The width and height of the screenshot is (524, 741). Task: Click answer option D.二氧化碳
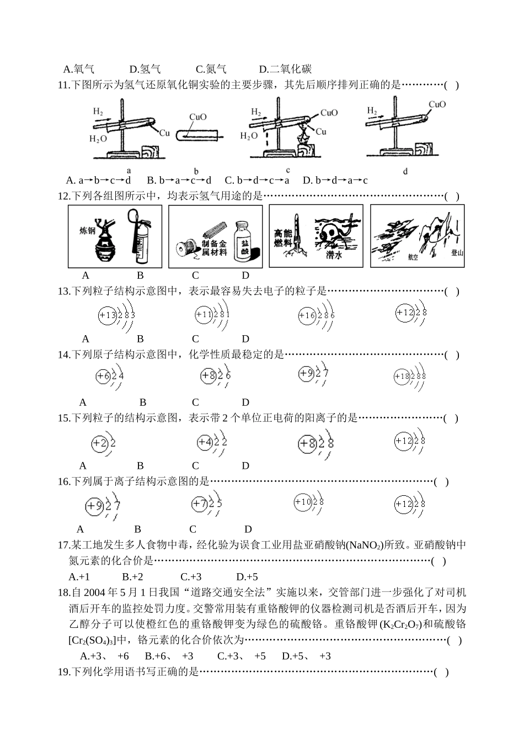click(x=285, y=69)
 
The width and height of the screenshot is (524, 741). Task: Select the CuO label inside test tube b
click(x=197, y=117)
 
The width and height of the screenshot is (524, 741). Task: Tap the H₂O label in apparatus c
click(x=249, y=136)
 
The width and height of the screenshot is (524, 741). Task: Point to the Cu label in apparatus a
click(x=164, y=133)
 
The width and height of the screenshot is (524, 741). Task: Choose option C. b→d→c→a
click(x=257, y=180)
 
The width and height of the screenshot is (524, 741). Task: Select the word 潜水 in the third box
click(x=334, y=255)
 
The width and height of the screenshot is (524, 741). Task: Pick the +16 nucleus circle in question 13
click(x=306, y=316)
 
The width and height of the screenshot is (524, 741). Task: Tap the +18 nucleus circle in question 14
click(x=402, y=377)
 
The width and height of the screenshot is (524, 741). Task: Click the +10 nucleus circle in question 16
click(x=303, y=502)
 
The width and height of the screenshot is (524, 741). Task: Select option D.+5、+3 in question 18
click(x=306, y=656)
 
